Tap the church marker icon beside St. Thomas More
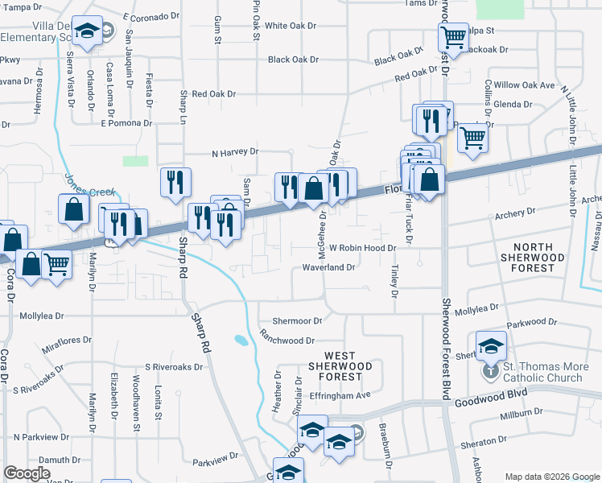pyautogui.click(x=491, y=372)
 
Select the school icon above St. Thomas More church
pyautogui.click(x=491, y=345)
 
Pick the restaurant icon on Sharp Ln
pyautogui.click(x=175, y=181)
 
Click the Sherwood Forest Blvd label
pyautogui.click(x=445, y=346)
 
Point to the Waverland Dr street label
pyautogui.click(x=328, y=267)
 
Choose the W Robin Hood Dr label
pyautogui.click(x=363, y=250)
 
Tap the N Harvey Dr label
pyautogui.click(x=234, y=151)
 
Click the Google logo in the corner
pyautogui.click(x=27, y=473)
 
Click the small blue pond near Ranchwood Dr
pyautogui.click(x=240, y=340)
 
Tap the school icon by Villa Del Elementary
pyautogui.click(x=87, y=30)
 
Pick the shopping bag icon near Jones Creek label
pyautogui.click(x=73, y=208)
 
